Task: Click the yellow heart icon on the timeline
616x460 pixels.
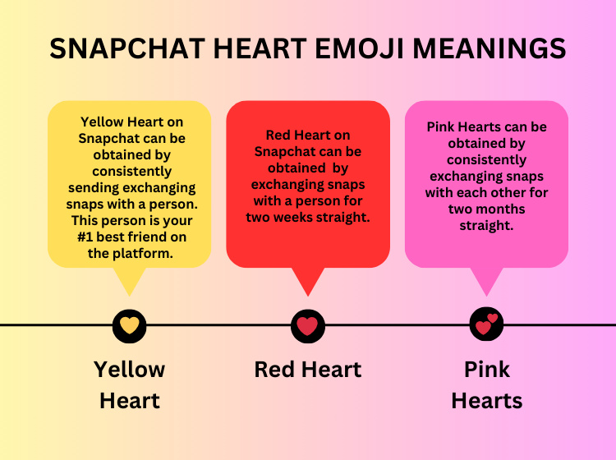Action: coord(129,325)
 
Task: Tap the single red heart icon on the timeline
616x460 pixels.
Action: coord(307,325)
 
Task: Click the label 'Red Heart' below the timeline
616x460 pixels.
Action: coord(307,370)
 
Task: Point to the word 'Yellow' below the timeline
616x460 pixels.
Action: coord(129,370)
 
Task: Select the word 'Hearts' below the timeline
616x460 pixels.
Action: coord(487,401)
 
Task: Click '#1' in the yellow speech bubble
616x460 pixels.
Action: coord(86,238)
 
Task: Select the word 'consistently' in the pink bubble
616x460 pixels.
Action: coord(487,160)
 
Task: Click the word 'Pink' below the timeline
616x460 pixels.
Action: coord(487,370)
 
